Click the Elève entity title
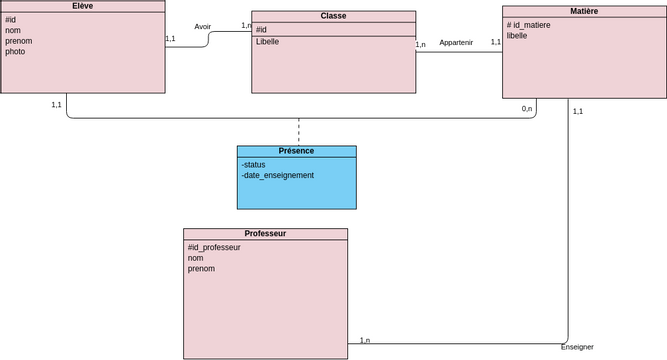click(83, 6)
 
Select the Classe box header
click(333, 16)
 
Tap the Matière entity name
click(584, 11)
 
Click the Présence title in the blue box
click(296, 151)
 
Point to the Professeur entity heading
click(265, 233)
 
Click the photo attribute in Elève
click(15, 51)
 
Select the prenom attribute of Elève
click(18, 41)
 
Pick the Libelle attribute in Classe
click(268, 42)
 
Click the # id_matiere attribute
click(528, 25)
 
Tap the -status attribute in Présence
click(253, 164)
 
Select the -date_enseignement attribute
click(277, 175)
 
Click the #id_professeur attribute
click(214, 247)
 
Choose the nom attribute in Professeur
click(196, 258)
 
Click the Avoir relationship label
click(203, 27)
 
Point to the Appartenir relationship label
click(456, 43)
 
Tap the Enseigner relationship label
click(577, 347)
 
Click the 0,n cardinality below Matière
click(527, 108)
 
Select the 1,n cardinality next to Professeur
click(365, 340)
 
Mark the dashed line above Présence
click(298, 131)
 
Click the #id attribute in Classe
click(261, 30)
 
